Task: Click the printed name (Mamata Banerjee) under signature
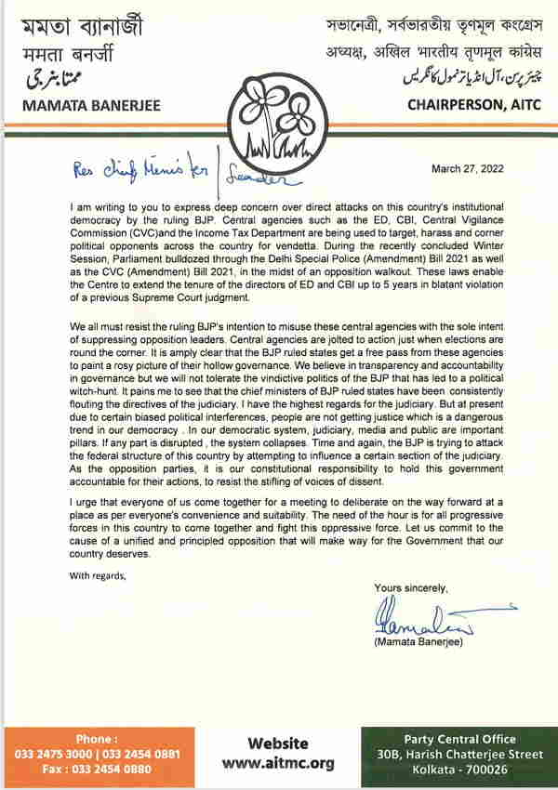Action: click(x=415, y=643)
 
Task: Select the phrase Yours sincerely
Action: click(x=410, y=589)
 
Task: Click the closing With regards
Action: click(x=97, y=575)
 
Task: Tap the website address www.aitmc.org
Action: click(x=276, y=764)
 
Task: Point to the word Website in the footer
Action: click(x=277, y=744)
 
